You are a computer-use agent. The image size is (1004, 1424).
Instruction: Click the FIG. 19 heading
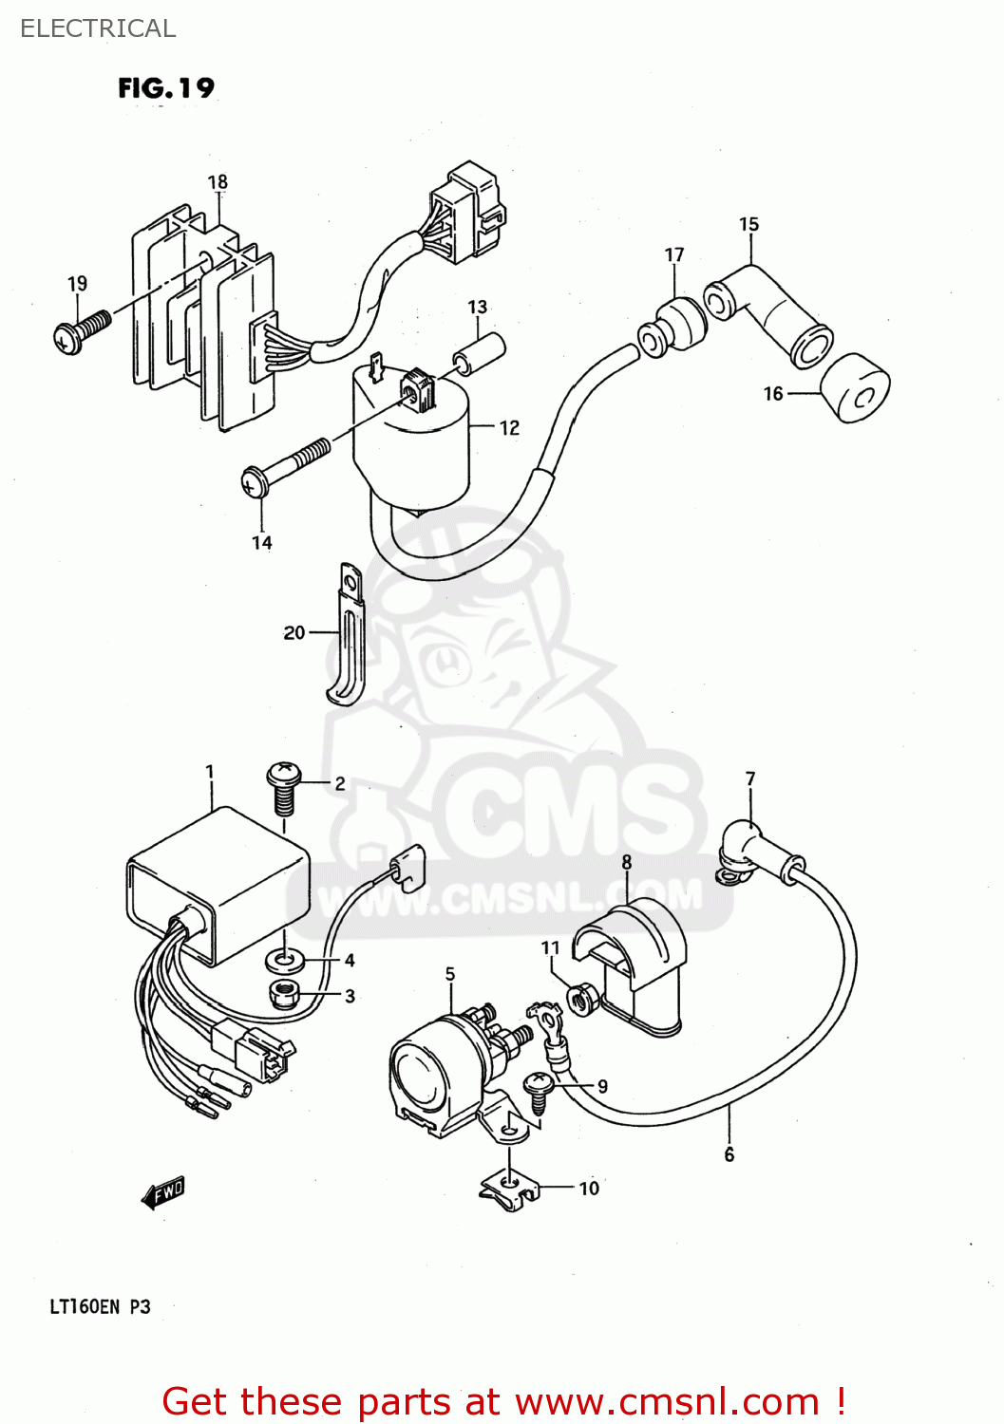166,88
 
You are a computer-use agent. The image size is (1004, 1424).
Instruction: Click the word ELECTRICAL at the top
98,28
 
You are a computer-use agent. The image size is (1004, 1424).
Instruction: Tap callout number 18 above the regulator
218,181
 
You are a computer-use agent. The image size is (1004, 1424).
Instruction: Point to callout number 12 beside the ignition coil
510,428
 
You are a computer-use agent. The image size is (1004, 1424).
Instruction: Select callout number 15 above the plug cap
749,224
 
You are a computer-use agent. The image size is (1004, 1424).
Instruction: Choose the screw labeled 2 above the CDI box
283,787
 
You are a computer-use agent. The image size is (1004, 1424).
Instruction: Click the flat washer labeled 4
283,961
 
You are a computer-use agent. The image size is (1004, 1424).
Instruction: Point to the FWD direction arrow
162,1192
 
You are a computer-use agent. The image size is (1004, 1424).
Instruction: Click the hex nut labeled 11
581,999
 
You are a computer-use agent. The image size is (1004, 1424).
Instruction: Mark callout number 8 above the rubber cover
627,862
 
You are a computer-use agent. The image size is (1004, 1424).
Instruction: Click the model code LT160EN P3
100,1306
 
